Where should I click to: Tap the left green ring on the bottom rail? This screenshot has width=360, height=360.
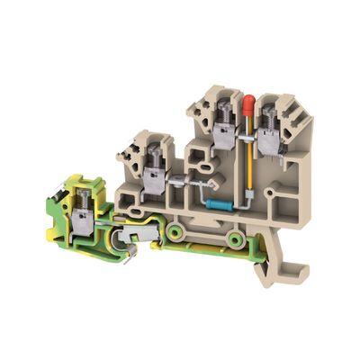pyautogui.click(x=175, y=237)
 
